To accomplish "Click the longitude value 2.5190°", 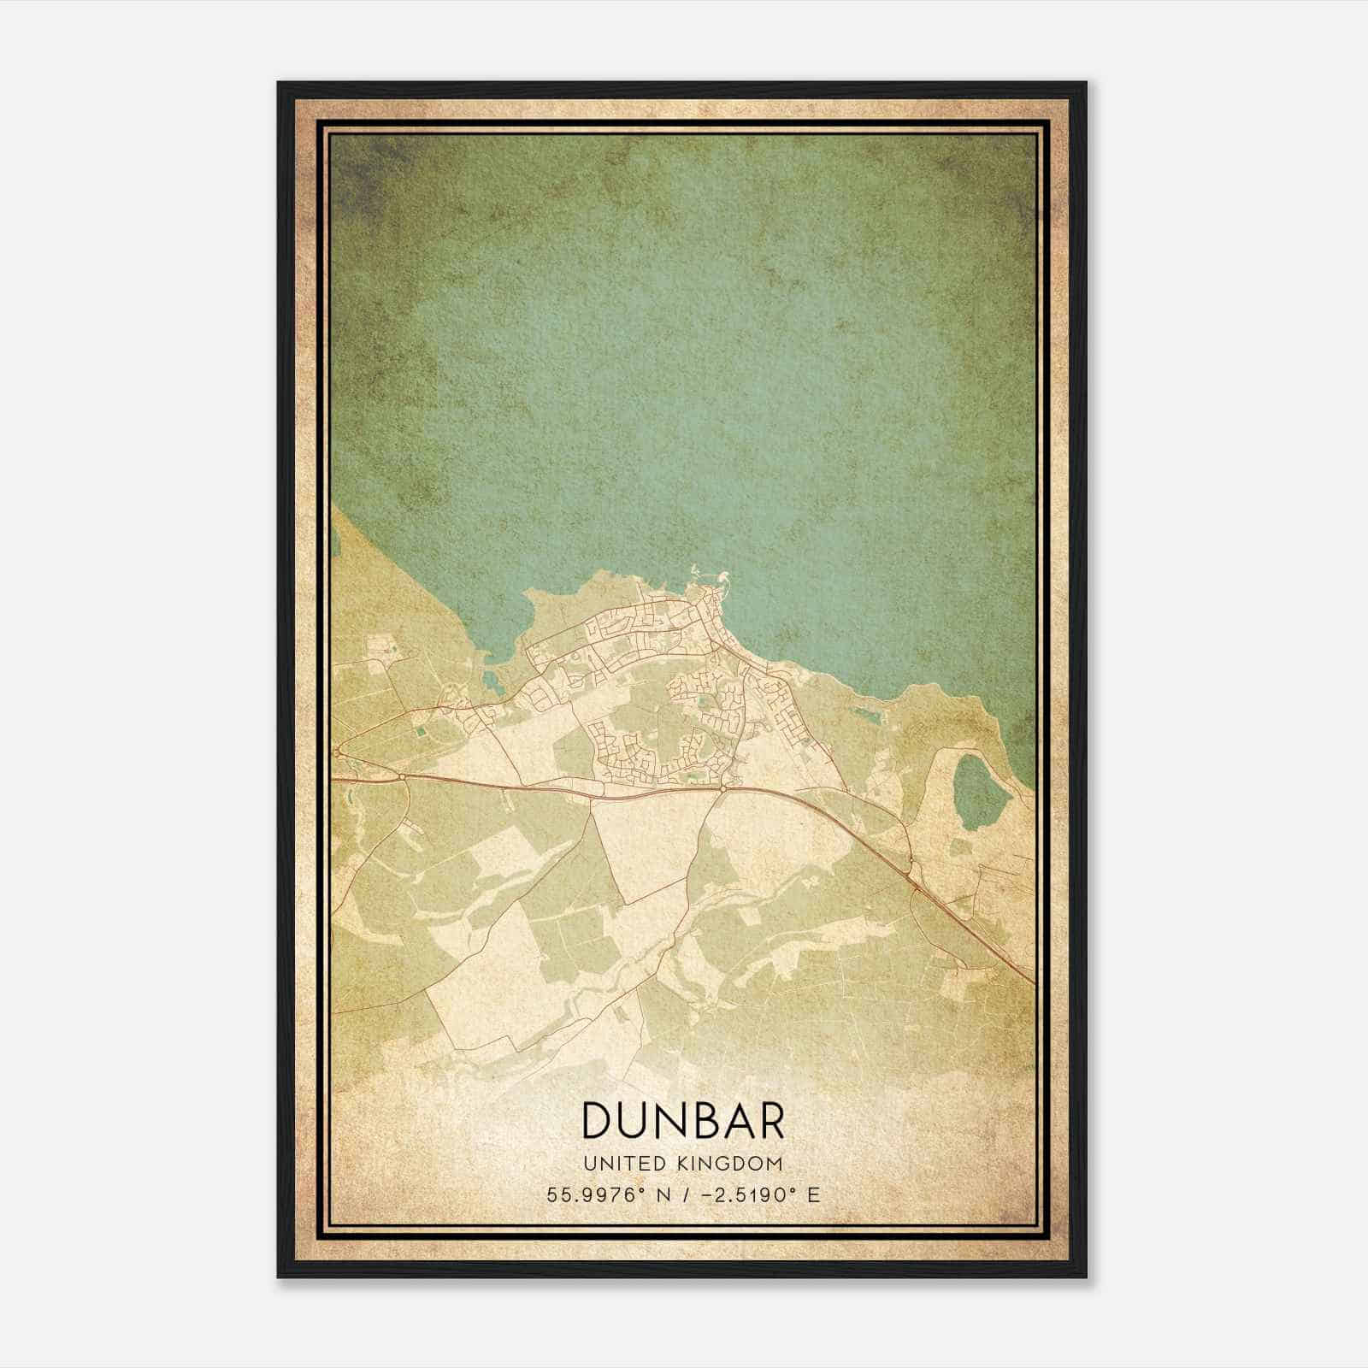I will coord(745,1194).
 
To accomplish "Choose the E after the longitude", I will coord(813,1194).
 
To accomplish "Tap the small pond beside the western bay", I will coord(490,681).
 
